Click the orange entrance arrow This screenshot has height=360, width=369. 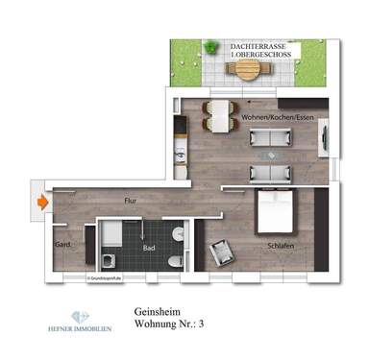(x=42, y=203)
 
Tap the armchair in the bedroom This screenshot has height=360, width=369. (x=223, y=252)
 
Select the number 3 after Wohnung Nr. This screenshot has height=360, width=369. (x=204, y=327)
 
